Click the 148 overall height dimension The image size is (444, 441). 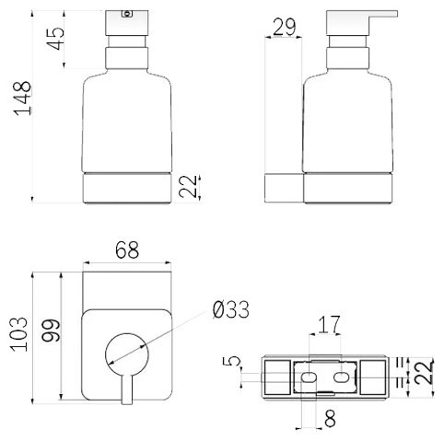[23, 99]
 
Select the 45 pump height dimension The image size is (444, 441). [56, 39]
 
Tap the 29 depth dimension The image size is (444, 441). [285, 27]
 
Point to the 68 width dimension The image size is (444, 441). [127, 250]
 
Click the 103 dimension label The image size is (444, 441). [19, 334]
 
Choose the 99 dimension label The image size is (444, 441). [52, 331]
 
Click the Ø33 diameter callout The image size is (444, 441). [231, 309]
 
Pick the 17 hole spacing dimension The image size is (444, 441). [329, 324]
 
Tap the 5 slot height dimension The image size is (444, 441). [231, 361]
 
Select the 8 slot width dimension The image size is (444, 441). [330, 418]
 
